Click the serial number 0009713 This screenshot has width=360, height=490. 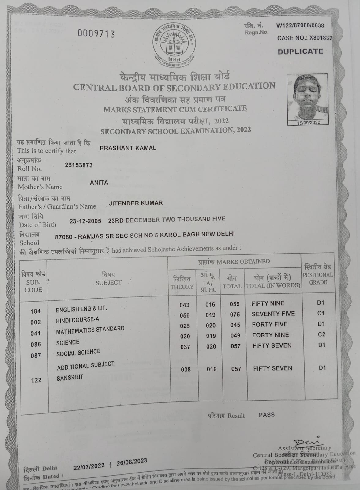tap(96, 33)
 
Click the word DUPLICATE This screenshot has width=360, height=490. tap(300, 51)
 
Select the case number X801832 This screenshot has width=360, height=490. tap(321, 38)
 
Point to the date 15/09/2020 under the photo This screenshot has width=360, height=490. tap(308, 123)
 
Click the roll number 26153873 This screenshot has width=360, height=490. tap(79, 165)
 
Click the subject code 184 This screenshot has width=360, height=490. tap(36, 311)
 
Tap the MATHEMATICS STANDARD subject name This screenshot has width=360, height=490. tap(90, 330)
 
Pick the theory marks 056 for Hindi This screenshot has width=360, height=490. tap(185, 315)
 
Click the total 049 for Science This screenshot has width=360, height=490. tap(235, 336)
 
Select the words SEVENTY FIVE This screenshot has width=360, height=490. tap(273, 314)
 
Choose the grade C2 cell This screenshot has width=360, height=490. tap(321, 334)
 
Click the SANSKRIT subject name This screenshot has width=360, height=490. tap(70, 378)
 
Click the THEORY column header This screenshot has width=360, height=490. tap(182, 283)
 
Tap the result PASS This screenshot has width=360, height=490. tap(267, 415)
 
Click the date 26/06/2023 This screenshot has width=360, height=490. tap(132, 462)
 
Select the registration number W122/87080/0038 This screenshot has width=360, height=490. tap(300, 25)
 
